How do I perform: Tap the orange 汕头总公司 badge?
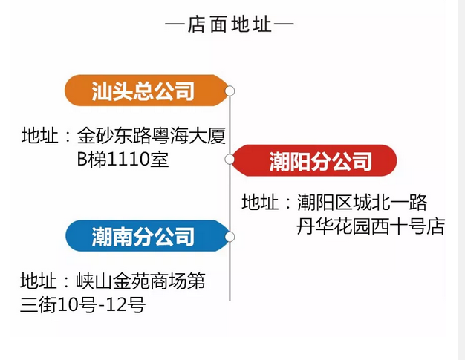point(143,91)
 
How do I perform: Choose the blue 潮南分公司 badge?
point(143,236)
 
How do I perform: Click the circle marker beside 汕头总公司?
point(230,91)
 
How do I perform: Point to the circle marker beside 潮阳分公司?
point(230,159)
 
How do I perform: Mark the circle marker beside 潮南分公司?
point(230,237)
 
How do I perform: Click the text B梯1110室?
point(123,159)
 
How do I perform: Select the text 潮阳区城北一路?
point(362,203)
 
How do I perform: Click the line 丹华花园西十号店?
point(370,226)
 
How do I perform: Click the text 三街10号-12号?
point(82,304)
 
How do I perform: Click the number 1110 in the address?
point(129,159)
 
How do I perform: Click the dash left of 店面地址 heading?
point(175,25)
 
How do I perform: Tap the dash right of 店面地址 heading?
point(284,25)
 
